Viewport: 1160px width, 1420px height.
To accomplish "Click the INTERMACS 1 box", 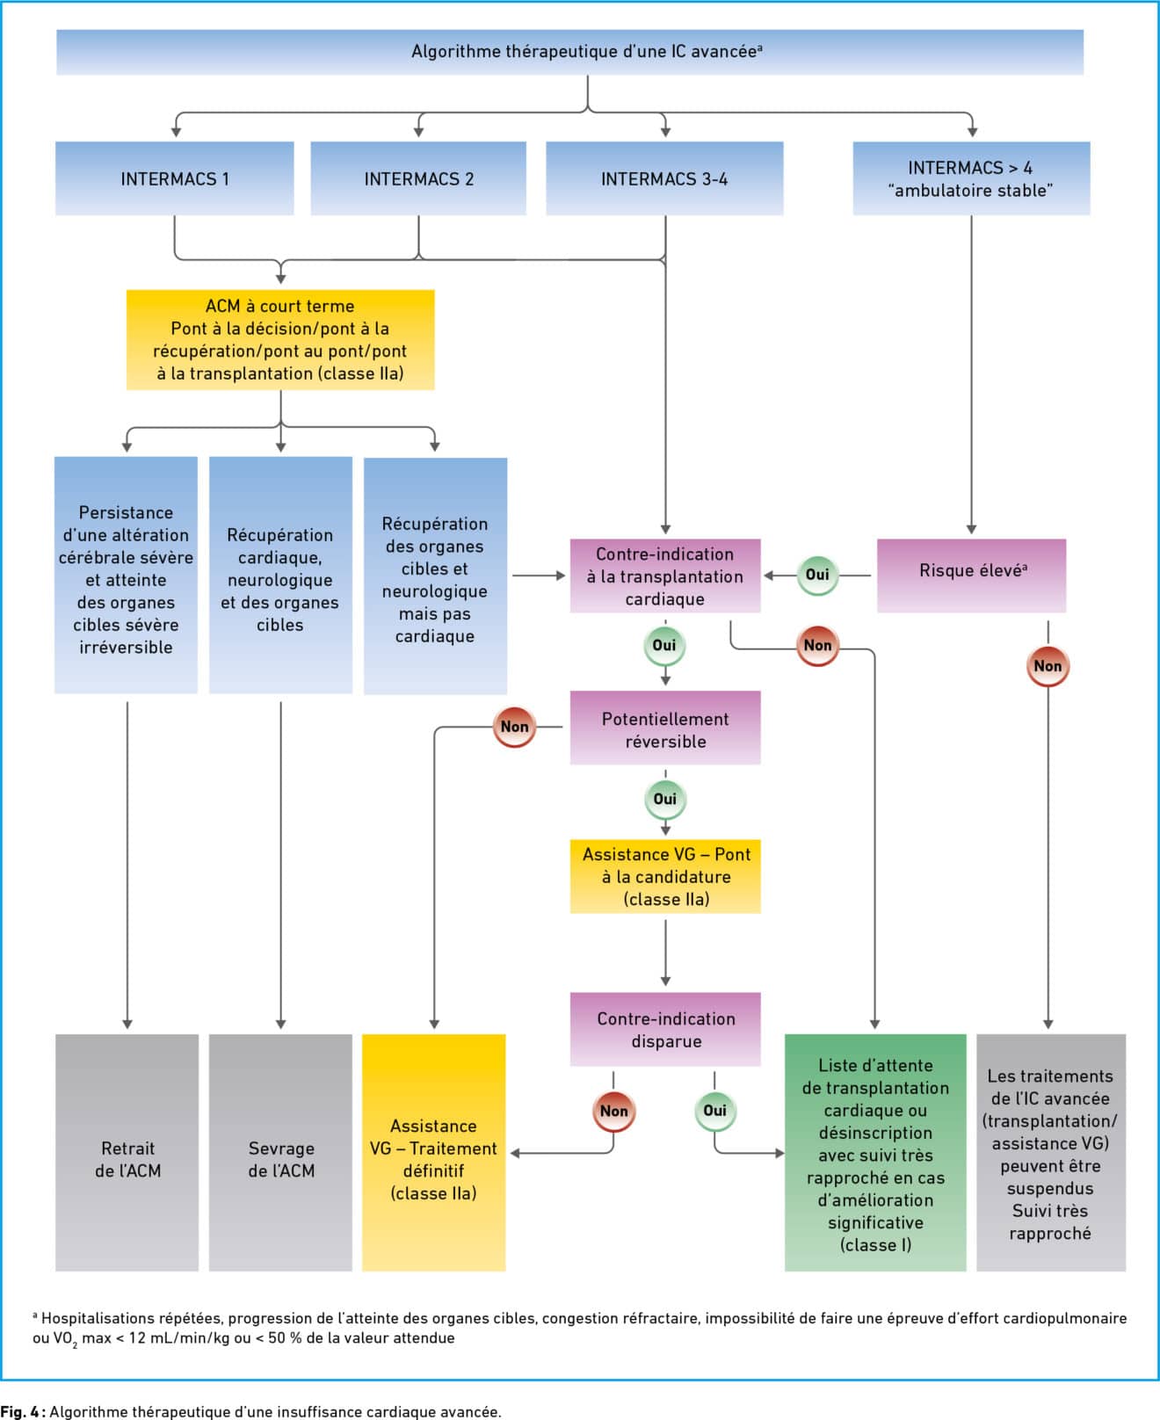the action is pyautogui.click(x=175, y=178).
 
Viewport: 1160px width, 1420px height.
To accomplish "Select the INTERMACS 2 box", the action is pyautogui.click(x=418, y=178).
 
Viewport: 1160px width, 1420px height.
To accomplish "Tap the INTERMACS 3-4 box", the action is pyautogui.click(x=664, y=178).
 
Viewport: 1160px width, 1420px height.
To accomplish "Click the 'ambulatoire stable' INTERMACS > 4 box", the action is pyautogui.click(x=971, y=178).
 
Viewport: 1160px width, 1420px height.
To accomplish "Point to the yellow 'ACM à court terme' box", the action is pyautogui.click(x=280, y=339).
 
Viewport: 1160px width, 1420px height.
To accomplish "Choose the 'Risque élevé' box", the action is pyautogui.click(x=971, y=576).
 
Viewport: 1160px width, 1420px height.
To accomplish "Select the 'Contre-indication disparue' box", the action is pyautogui.click(x=665, y=1029).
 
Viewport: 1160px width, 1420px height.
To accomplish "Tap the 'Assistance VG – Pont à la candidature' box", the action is pyautogui.click(x=665, y=876).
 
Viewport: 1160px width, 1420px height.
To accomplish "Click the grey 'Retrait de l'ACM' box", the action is pyautogui.click(x=127, y=1152).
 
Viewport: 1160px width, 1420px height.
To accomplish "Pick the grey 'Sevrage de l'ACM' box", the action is pyautogui.click(x=280, y=1152).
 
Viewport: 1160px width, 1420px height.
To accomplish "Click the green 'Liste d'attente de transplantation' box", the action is pyautogui.click(x=875, y=1152).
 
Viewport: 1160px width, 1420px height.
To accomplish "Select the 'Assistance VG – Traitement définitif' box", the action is pyautogui.click(x=434, y=1152).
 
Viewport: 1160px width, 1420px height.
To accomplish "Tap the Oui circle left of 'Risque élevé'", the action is pyautogui.click(x=817, y=575).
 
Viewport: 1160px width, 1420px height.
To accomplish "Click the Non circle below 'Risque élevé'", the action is pyautogui.click(x=1048, y=666).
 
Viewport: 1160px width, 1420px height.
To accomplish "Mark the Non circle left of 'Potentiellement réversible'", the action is pyautogui.click(x=514, y=727).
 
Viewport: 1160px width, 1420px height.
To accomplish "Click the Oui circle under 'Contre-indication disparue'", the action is pyautogui.click(x=714, y=1111).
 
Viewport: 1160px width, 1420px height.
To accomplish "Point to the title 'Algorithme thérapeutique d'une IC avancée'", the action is pyautogui.click(x=586, y=52).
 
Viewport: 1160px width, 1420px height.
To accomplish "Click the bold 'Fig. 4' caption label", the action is pyautogui.click(x=22, y=1412).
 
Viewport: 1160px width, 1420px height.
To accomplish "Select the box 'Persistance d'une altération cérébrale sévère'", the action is pyautogui.click(x=127, y=575).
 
